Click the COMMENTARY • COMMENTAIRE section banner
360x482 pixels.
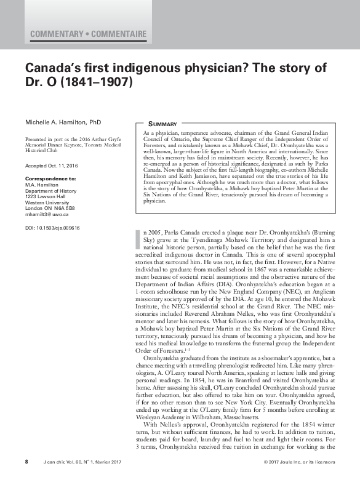coord(88,33)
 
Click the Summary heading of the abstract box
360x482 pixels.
coord(163,124)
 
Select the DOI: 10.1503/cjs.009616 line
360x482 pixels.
coord(52,227)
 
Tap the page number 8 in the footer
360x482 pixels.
coord(26,462)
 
